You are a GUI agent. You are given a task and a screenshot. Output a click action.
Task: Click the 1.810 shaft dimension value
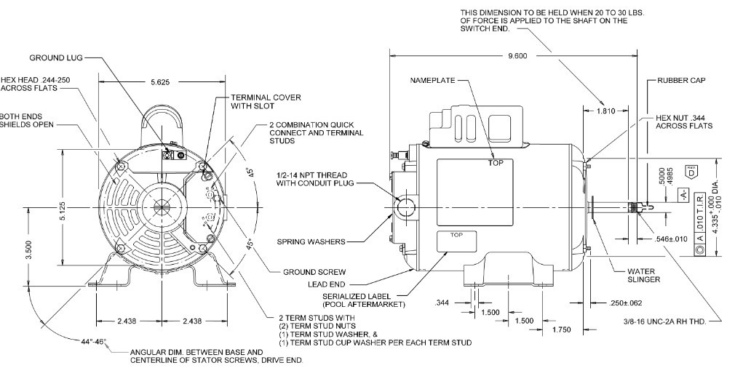[605, 111]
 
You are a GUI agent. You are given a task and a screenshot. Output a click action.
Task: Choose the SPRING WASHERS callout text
[310, 241]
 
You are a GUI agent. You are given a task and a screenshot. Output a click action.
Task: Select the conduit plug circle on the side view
[402, 206]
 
